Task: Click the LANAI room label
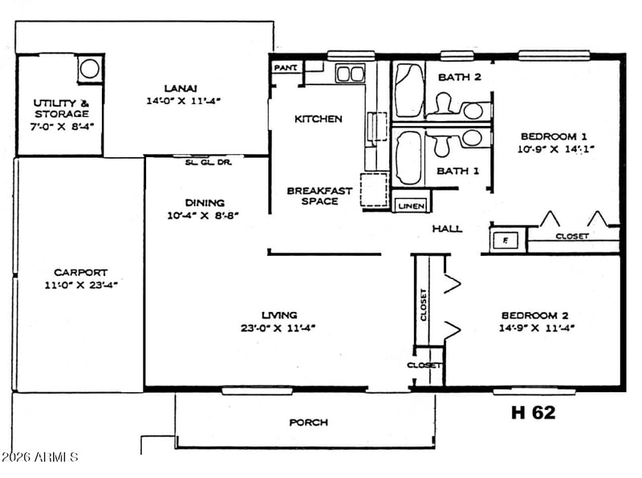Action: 181,88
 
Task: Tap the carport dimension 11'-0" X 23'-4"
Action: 81,286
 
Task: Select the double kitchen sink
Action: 350,74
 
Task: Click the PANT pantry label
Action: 286,67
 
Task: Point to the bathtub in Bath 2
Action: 410,90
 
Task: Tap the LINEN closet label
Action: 411,206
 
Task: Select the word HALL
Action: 448,229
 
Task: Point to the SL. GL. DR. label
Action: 209,163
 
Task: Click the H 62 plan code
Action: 534,412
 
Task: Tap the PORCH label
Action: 309,423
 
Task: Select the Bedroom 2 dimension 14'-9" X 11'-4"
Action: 537,328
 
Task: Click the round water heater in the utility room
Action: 90,68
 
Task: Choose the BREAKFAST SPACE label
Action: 319,196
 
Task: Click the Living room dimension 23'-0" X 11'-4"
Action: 278,328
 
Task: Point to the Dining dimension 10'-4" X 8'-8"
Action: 203,215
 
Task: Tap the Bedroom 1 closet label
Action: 572,236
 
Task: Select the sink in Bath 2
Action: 473,111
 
